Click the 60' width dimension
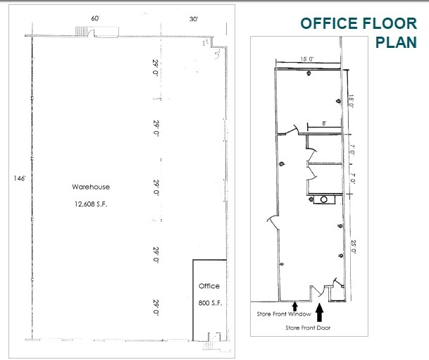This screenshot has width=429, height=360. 95,18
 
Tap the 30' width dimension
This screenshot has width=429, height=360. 194,19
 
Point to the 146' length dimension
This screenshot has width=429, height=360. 19,179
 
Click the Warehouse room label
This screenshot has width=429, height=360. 90,187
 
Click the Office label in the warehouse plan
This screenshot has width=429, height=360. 209,286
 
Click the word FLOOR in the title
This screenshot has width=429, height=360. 380,23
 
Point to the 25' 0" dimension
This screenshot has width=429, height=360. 353,247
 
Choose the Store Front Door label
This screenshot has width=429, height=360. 308,327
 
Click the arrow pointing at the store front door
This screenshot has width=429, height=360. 320,310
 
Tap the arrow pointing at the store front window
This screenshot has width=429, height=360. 295,306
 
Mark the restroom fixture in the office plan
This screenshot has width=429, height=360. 325,200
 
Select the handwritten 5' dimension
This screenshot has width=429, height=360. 219,51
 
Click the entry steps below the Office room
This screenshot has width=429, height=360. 209,345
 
